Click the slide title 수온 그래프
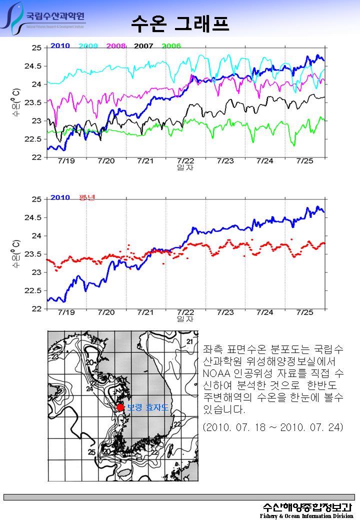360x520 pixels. click(180, 22)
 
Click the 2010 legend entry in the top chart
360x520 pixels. click(60, 46)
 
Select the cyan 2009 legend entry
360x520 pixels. click(88, 46)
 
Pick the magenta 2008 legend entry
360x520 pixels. click(116, 46)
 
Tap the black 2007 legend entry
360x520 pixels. click(143, 46)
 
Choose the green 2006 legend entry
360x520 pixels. click(171, 46)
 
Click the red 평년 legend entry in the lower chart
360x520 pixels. click(87, 197)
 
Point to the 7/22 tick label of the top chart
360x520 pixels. click(185, 161)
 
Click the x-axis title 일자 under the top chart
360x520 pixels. click(185, 167)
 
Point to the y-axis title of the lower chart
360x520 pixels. click(16, 253)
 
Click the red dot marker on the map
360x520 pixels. click(120, 407)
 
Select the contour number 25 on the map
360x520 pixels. click(91, 452)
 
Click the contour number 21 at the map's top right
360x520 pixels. click(189, 341)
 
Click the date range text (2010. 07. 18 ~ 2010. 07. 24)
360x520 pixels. click(273, 428)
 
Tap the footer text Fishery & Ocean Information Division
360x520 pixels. click(306, 515)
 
